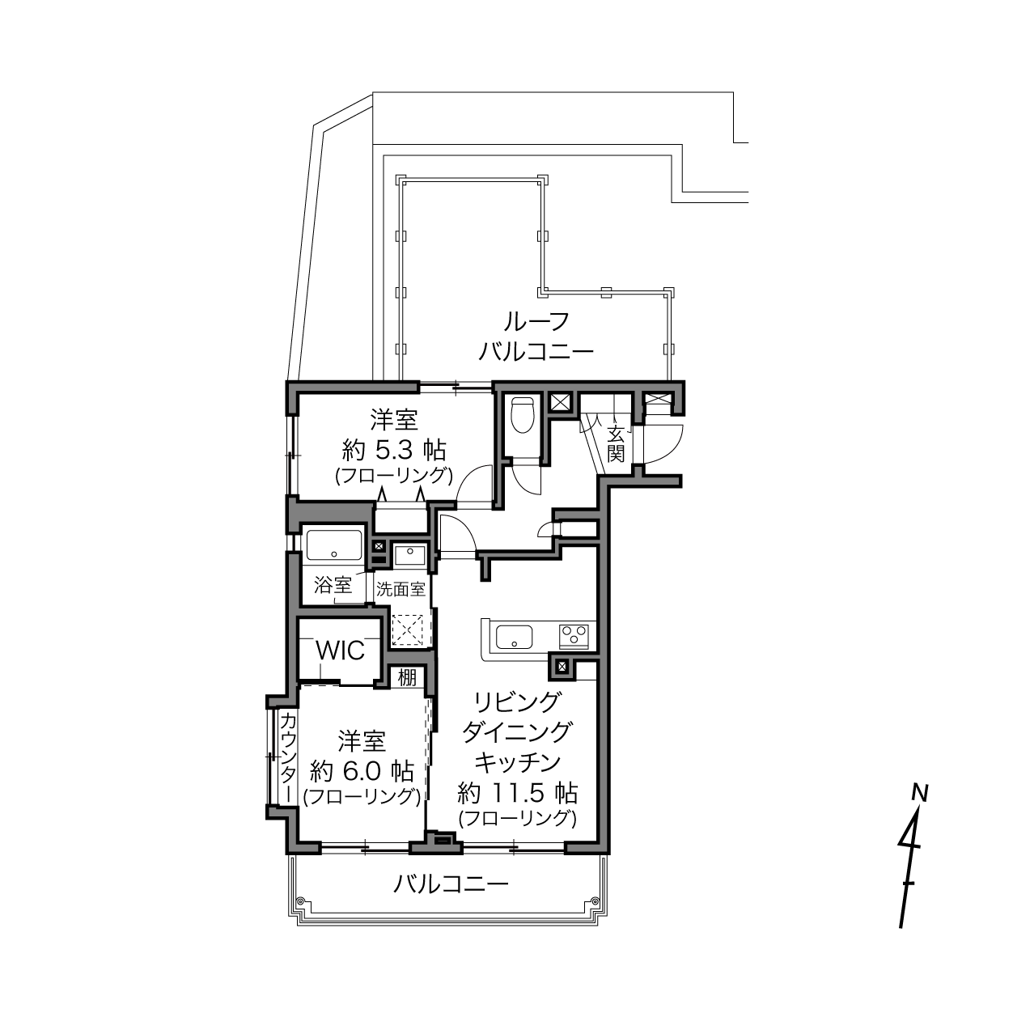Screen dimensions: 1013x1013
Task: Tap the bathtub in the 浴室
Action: pos(334,545)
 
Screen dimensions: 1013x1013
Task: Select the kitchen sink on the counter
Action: pos(514,637)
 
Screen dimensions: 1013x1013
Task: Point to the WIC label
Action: pos(340,651)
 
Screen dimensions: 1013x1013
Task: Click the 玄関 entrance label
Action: pos(616,444)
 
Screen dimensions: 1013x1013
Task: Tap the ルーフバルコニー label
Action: pos(536,337)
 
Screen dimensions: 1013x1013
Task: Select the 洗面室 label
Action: pos(401,590)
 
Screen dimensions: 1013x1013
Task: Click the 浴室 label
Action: pos(333,585)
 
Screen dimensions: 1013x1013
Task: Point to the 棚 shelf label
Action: pos(407,677)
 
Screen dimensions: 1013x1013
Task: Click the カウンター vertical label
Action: pos(287,757)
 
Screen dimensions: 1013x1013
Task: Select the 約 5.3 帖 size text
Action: pos(394,451)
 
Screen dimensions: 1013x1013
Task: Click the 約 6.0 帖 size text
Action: pos(362,771)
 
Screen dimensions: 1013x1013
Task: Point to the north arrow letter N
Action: pos(920,792)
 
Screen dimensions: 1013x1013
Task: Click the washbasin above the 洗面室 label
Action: pos(409,555)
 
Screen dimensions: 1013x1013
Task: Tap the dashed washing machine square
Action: pos(408,629)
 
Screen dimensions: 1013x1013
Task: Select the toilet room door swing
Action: pos(527,477)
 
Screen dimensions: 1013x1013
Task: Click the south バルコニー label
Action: pos(451,884)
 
